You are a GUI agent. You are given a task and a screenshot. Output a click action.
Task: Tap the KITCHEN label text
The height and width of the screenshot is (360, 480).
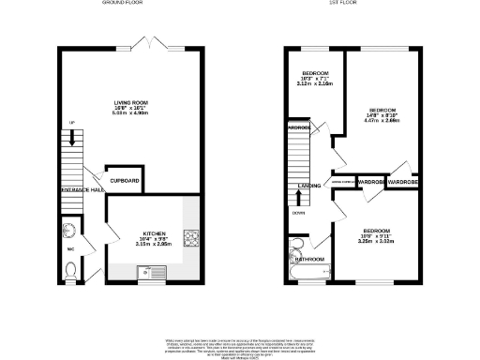click(155, 232)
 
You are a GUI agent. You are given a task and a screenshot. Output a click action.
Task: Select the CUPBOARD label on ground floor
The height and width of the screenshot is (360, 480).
click(125, 180)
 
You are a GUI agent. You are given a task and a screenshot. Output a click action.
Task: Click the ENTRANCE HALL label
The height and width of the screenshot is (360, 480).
click(82, 190)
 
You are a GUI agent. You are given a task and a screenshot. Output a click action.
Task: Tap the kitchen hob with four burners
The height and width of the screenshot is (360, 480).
click(191, 240)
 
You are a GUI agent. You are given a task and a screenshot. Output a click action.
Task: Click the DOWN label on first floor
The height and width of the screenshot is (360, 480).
click(297, 212)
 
